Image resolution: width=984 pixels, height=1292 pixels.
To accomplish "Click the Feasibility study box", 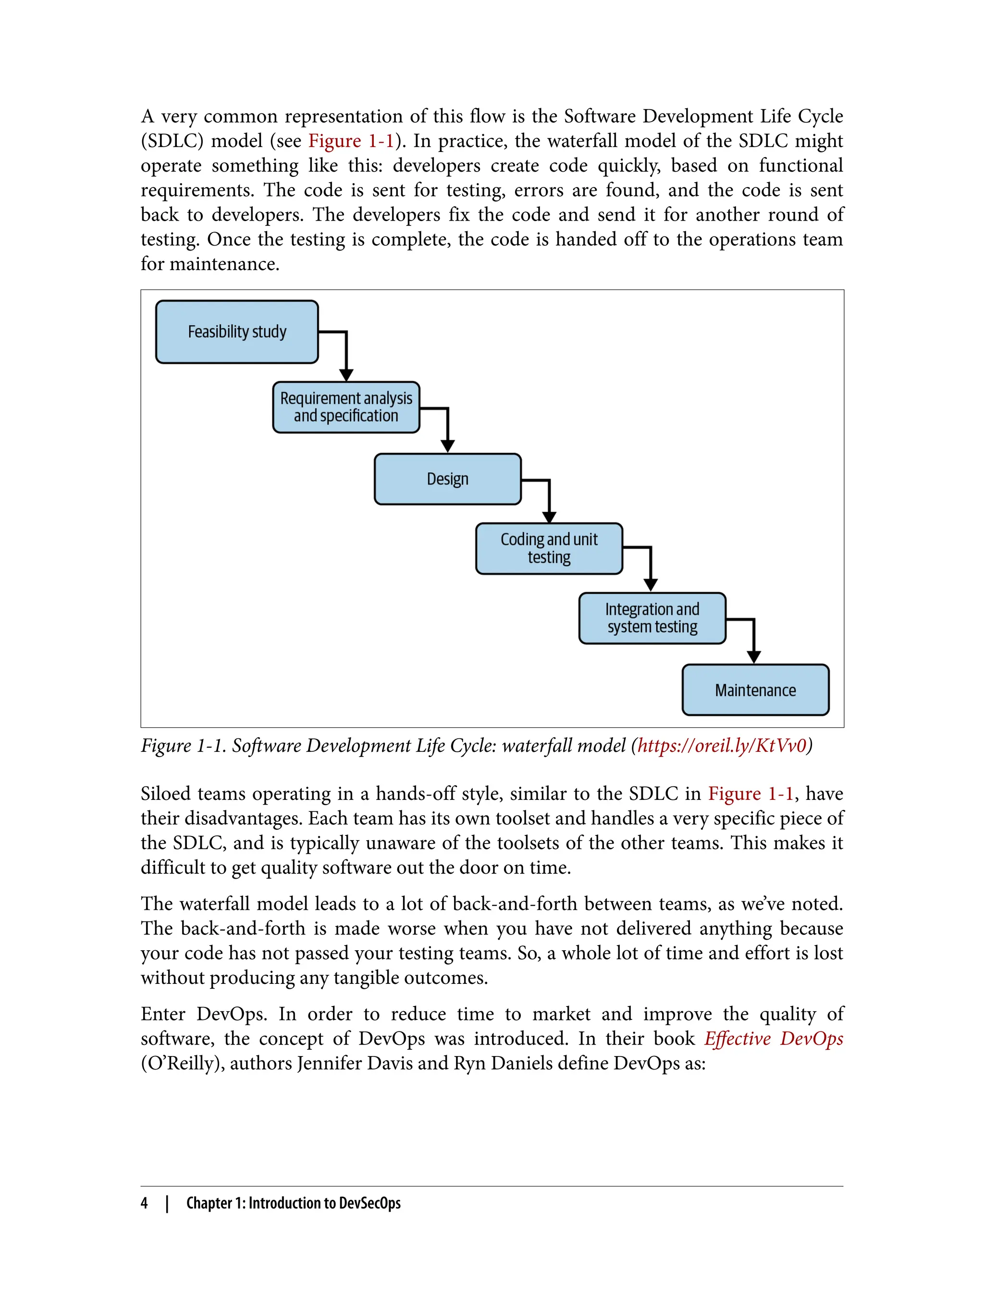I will pos(236,332).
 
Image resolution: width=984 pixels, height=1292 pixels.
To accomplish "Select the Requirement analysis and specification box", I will pos(345,407).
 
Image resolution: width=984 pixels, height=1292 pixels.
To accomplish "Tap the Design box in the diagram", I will pos(447,479).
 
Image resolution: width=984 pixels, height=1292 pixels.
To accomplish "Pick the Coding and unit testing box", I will pos(549,548).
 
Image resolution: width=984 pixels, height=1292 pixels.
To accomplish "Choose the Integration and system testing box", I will pos(652,618).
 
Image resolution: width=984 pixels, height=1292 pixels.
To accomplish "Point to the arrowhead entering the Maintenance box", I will pos(754,657).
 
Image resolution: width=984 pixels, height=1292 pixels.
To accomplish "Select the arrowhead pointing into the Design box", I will pos(447,446).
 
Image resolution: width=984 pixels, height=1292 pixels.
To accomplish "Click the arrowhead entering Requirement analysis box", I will pos(346,375).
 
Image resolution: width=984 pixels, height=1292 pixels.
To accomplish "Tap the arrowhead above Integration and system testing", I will pos(650,585).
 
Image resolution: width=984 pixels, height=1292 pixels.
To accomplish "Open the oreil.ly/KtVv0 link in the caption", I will pos(722,745).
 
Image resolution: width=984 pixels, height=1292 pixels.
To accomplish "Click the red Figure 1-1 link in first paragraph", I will pos(351,141).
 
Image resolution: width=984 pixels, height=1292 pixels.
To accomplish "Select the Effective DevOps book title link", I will pos(773,1038).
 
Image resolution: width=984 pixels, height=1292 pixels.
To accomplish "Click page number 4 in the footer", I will pos(144,1203).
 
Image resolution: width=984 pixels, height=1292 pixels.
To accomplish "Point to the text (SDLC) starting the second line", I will pos(172,141).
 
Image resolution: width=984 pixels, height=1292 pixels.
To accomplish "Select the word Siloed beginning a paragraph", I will pos(166,794).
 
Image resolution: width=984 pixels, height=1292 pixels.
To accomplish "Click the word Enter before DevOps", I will pos(163,1014).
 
